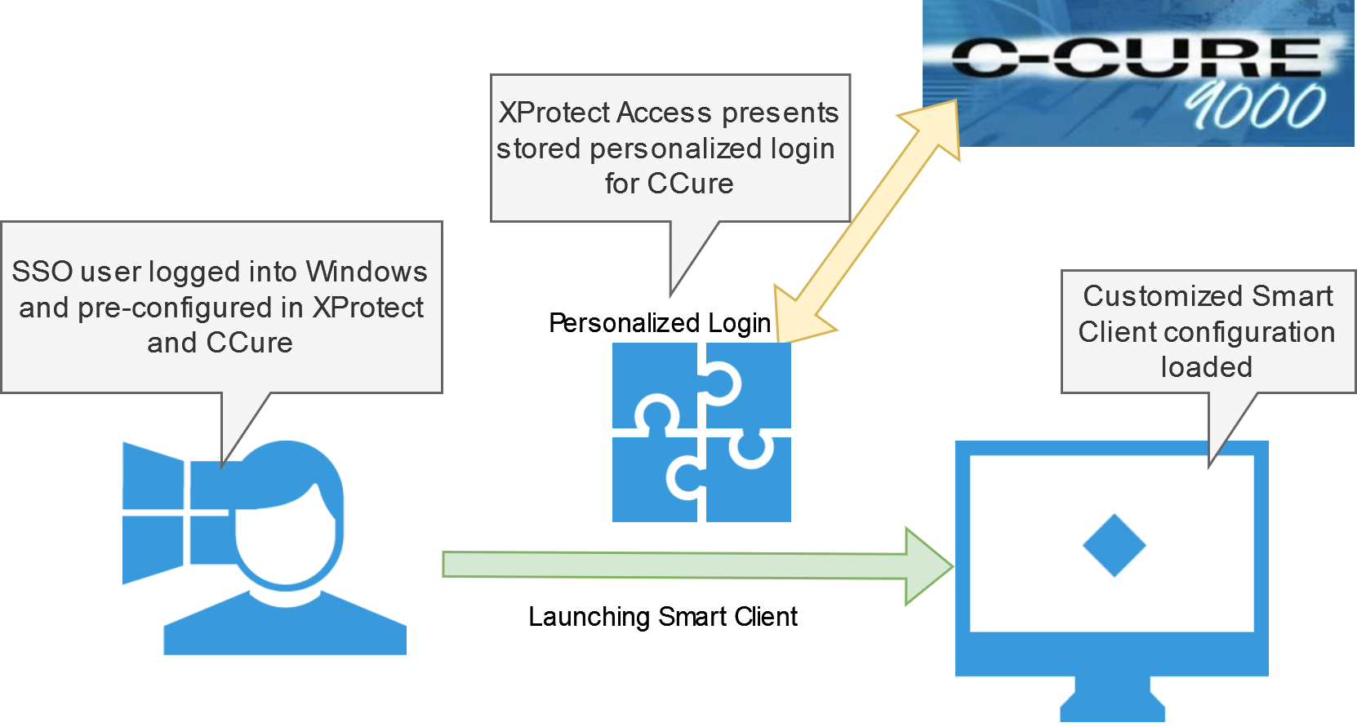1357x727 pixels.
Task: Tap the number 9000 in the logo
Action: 1256,106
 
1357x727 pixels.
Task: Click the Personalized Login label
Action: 660,323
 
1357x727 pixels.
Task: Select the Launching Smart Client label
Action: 662,616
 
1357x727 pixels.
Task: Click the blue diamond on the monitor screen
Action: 1114,546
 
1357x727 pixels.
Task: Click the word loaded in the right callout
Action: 1206,367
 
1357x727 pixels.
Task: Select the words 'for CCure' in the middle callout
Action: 669,184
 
